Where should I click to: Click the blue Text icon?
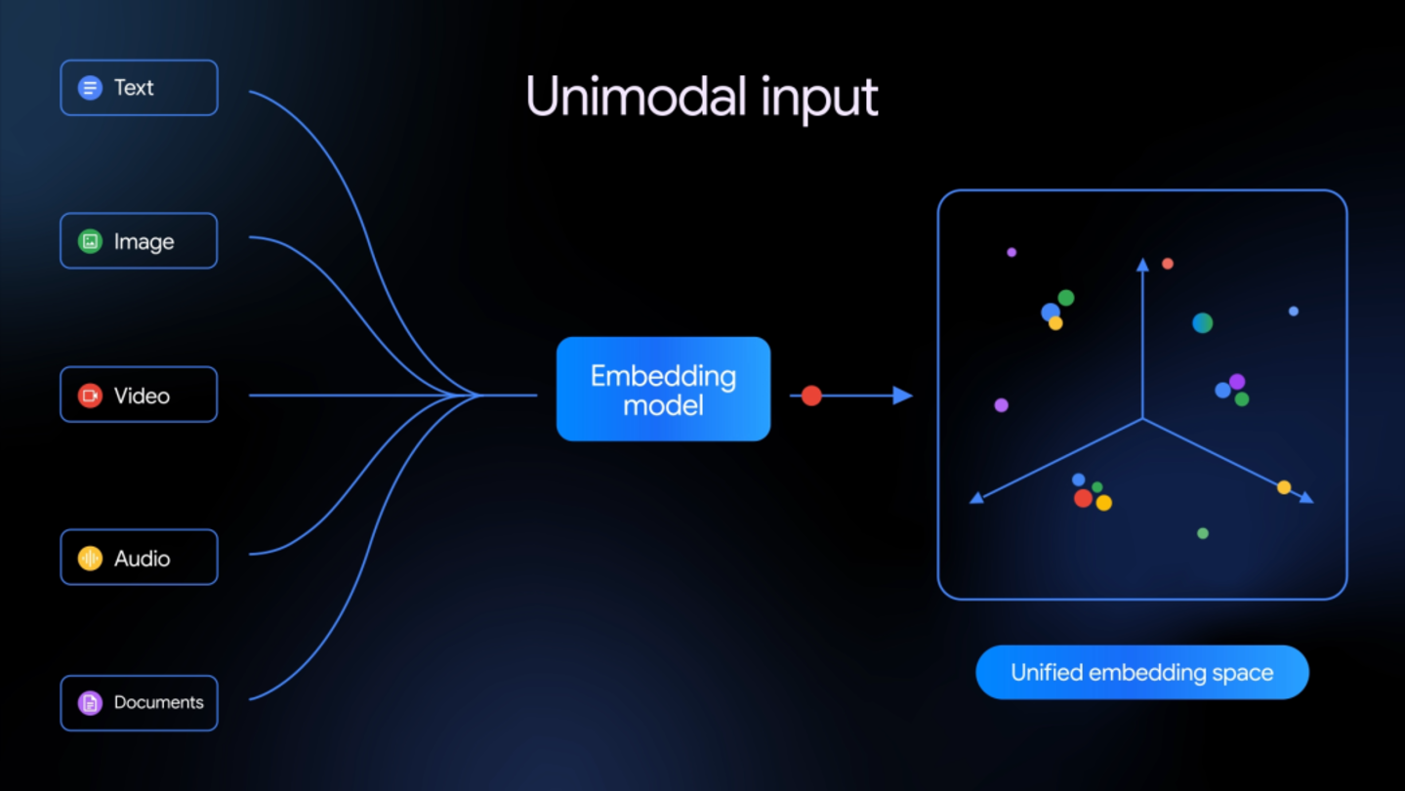[x=90, y=88]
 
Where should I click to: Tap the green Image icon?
[x=90, y=241]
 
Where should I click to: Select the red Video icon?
[x=90, y=395]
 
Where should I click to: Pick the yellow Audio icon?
[x=90, y=558]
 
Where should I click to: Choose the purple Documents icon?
[x=90, y=702]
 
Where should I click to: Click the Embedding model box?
[x=663, y=389]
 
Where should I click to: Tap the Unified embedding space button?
[x=1141, y=672]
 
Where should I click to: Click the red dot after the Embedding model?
[x=811, y=395]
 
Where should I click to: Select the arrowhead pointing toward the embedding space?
[x=902, y=395]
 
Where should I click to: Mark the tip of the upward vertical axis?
[x=1142, y=264]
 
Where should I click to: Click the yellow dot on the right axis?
[x=1284, y=487]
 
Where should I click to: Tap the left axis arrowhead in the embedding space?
[x=975, y=498]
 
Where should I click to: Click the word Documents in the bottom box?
[x=158, y=702]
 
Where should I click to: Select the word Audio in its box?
[x=142, y=559]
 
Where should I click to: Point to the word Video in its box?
[x=142, y=395]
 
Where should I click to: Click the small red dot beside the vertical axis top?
[x=1167, y=264]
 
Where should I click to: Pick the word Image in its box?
[x=144, y=241]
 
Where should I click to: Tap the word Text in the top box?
[x=134, y=88]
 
